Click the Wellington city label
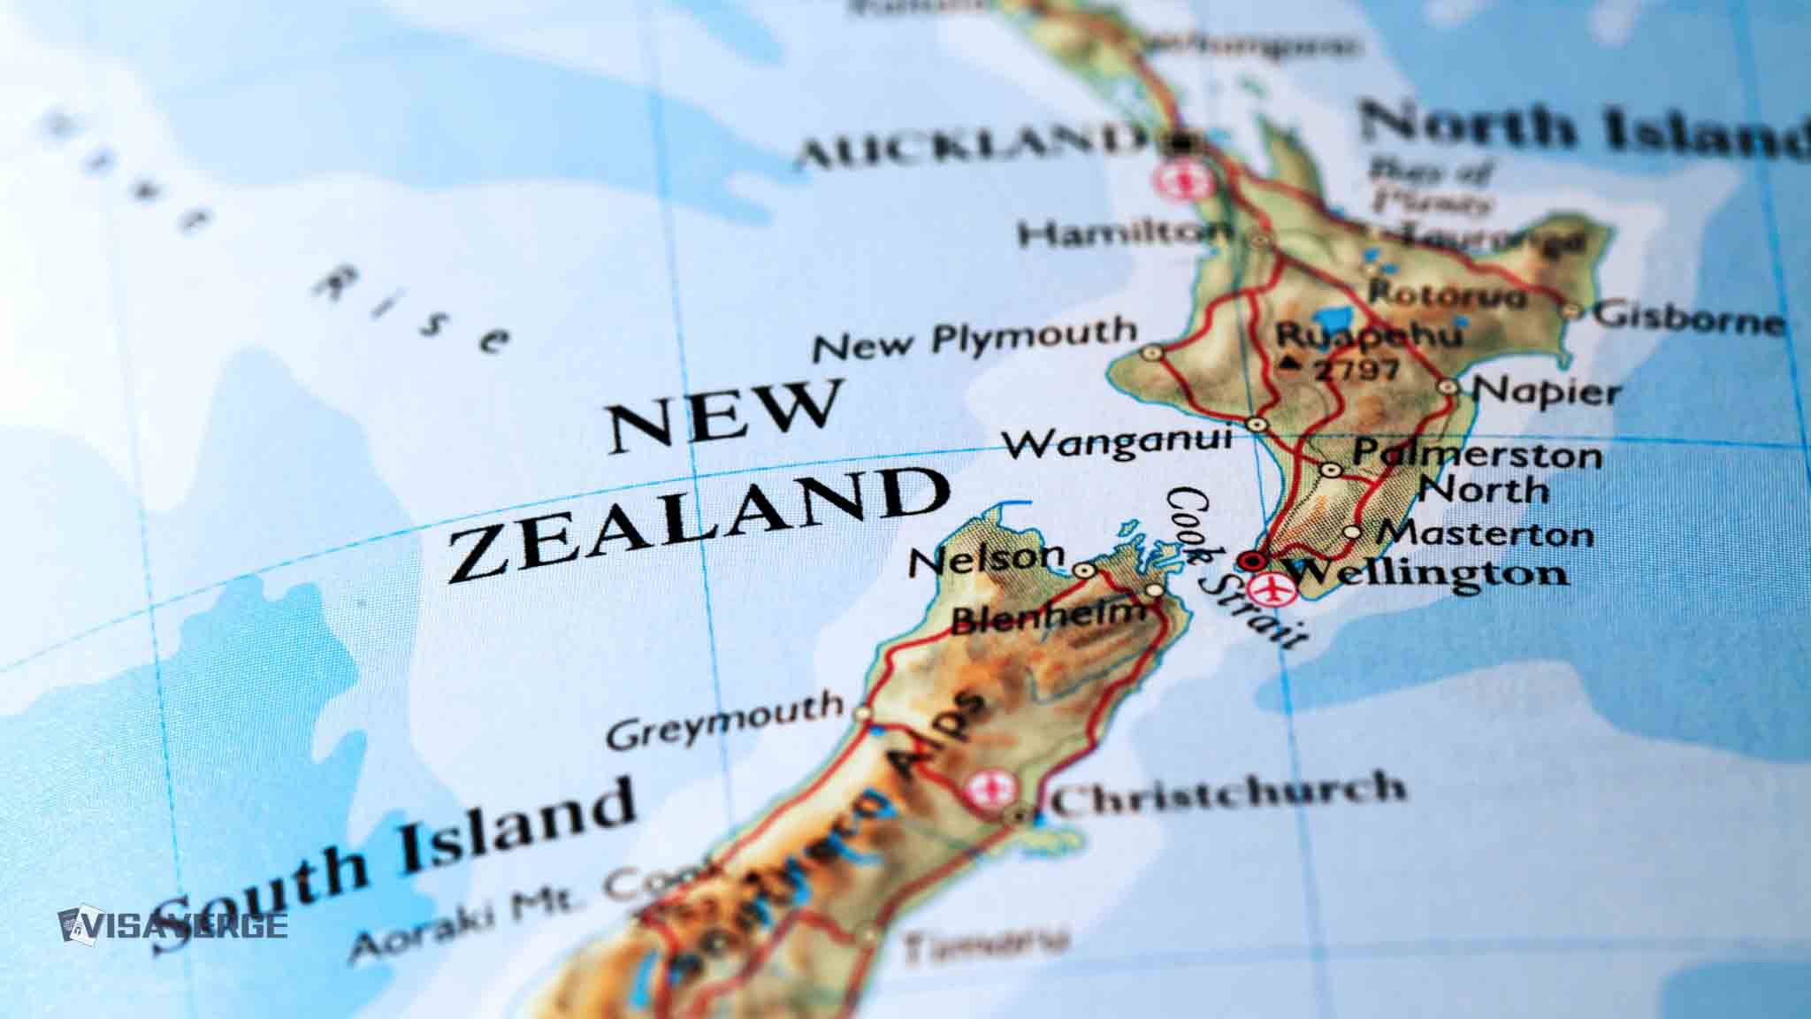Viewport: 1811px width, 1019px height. [x=1425, y=573]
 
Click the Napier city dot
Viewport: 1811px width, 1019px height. [x=1448, y=387]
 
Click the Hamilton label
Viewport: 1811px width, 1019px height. [x=1123, y=234]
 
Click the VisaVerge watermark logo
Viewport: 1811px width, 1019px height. [x=173, y=924]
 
